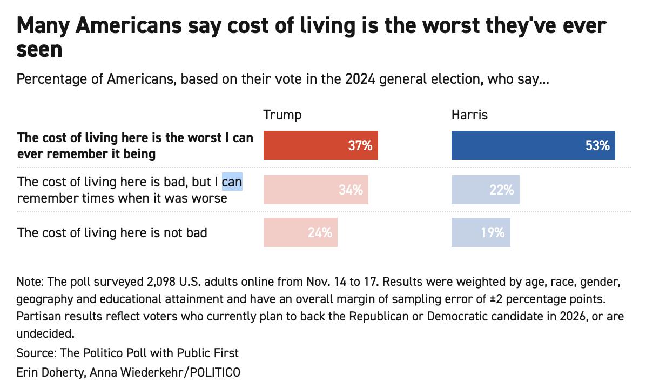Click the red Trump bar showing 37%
point(320,146)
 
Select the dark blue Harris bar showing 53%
point(533,146)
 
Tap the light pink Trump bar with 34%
point(315,190)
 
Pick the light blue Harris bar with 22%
point(485,190)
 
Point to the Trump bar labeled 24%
point(300,232)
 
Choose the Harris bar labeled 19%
point(480,232)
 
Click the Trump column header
point(282,115)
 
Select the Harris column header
point(469,115)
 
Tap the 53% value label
point(597,146)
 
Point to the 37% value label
point(360,146)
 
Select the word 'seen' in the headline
point(39,50)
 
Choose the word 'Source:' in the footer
point(36,353)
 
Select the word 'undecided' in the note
point(43,332)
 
